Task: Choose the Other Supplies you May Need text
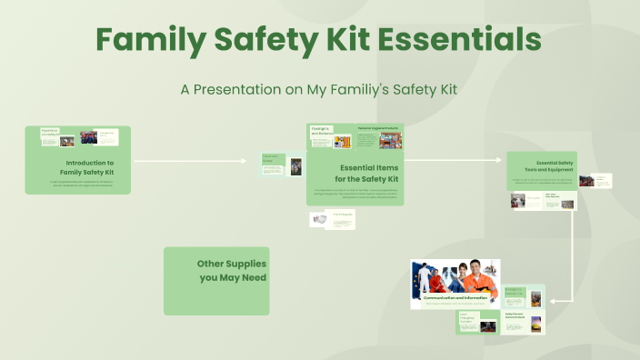232,270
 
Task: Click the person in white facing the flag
424,278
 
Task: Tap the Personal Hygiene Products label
378,128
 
